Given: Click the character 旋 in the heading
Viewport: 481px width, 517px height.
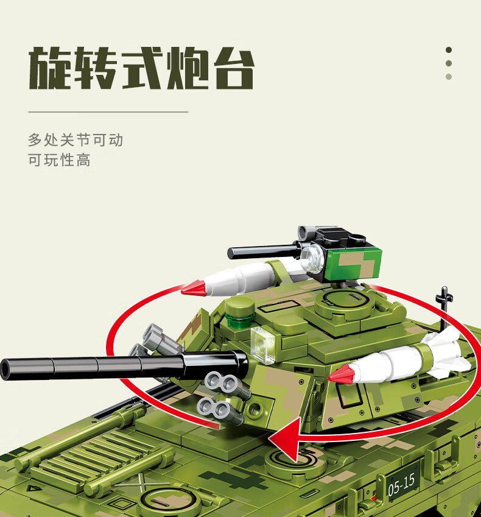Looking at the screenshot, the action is (49, 68).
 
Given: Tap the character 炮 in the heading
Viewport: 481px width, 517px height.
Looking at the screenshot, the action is (188, 68).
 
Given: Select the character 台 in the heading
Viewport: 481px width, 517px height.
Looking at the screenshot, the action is (234, 68).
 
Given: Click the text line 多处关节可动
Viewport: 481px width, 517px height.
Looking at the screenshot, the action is (75, 140).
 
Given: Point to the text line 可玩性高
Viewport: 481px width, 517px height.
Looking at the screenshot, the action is (59, 160).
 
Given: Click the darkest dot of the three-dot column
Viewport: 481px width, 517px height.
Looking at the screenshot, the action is (449, 50).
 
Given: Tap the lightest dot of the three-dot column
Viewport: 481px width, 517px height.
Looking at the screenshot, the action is (449, 77).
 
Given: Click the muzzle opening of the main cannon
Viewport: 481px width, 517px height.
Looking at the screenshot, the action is (5, 369).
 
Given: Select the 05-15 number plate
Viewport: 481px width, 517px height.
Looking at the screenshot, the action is (402, 484).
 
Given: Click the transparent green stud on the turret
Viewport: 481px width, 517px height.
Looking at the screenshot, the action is (240, 320).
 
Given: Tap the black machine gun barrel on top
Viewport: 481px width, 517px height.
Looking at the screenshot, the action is (264, 252).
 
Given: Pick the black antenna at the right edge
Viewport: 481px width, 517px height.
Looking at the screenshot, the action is (444, 308).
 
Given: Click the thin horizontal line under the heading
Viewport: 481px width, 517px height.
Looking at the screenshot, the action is (108, 112).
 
